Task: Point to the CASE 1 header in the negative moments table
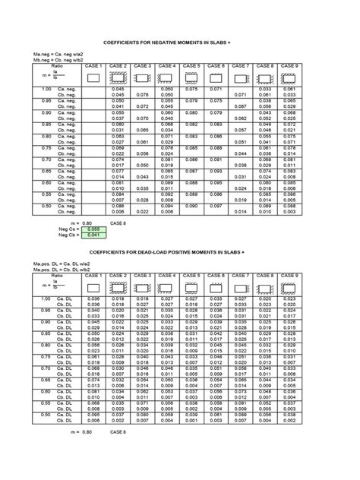[x=93, y=67]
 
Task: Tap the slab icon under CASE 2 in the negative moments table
[x=118, y=77]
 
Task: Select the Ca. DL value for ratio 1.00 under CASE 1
[x=93, y=301]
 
